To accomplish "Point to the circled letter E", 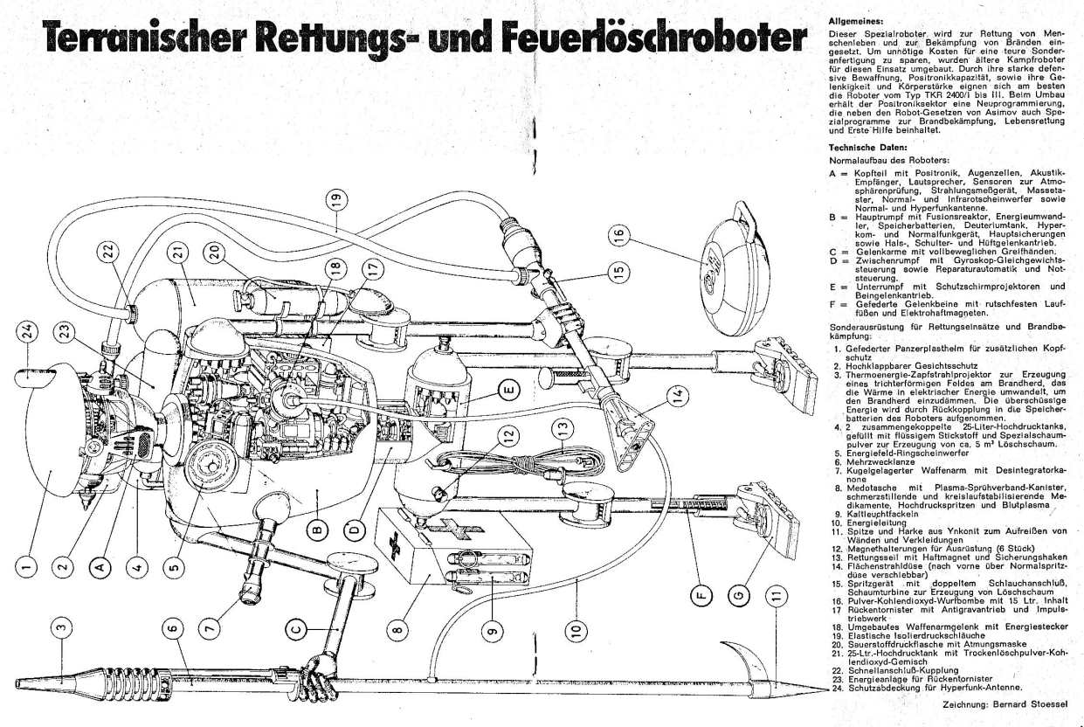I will tap(509, 388).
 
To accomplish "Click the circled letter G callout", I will tap(741, 595).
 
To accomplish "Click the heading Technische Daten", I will tap(862, 148).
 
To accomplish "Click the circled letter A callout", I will tap(100, 566).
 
